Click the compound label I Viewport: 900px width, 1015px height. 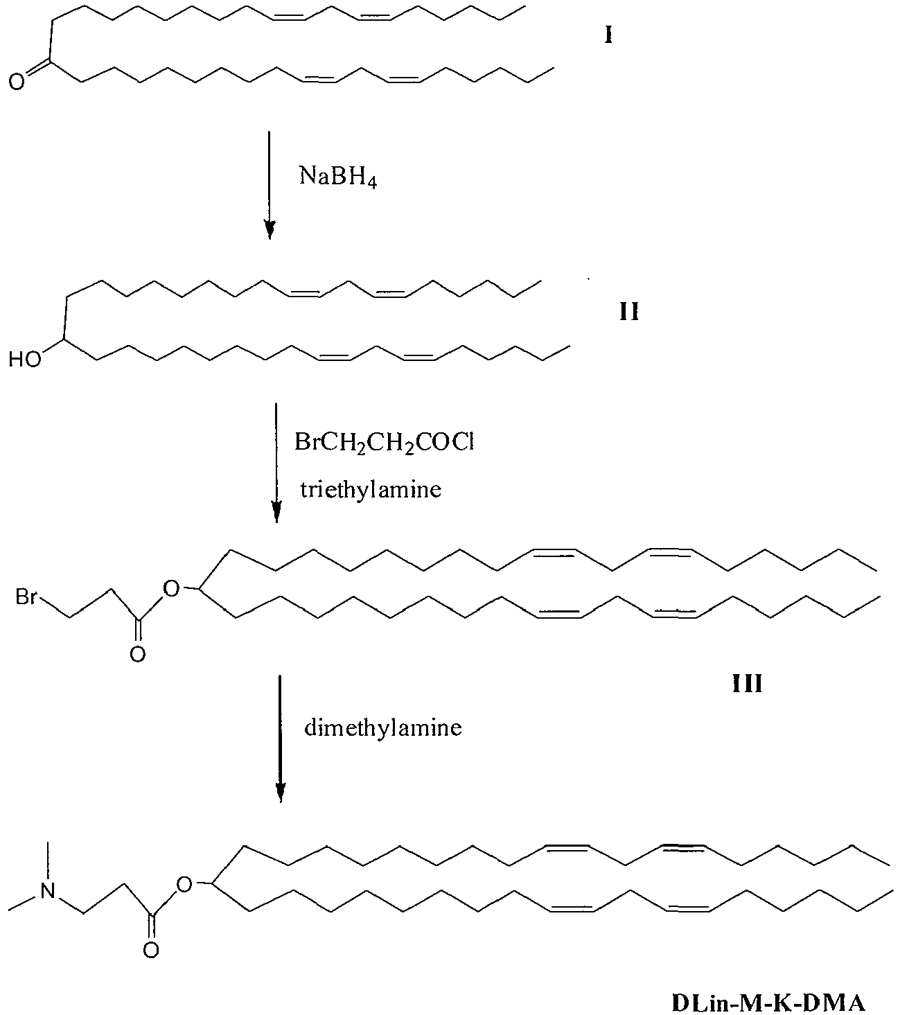[609, 35]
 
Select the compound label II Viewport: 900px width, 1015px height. [629, 312]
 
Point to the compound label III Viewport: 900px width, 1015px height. [747, 683]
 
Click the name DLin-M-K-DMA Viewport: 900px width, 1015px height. [768, 989]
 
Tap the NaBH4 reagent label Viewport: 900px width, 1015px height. [337, 177]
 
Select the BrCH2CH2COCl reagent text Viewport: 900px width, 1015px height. [384, 443]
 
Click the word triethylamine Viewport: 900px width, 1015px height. [371, 489]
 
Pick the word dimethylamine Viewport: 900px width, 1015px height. [383, 727]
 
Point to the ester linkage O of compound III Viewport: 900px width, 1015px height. [171, 588]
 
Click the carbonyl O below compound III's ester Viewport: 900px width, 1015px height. [137, 654]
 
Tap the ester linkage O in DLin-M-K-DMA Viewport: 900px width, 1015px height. [185, 885]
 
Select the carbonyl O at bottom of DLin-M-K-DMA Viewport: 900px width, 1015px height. [151, 951]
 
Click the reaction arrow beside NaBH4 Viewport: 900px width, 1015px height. [270, 186]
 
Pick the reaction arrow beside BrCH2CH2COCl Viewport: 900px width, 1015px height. [276, 463]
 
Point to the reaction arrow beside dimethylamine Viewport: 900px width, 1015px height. [281, 739]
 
